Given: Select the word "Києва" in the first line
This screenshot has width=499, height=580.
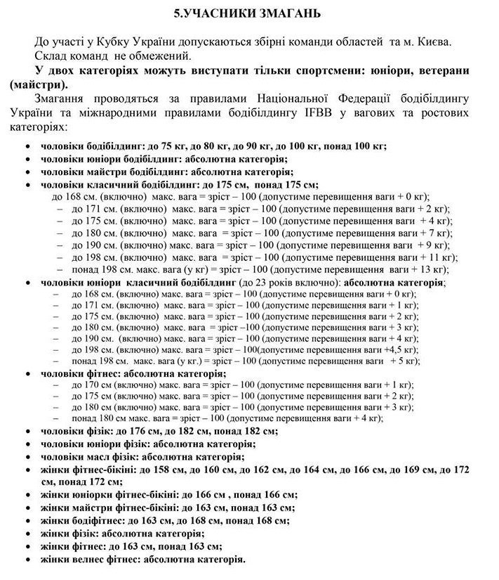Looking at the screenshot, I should [x=453, y=42].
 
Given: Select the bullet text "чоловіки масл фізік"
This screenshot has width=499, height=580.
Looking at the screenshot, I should [x=91, y=457].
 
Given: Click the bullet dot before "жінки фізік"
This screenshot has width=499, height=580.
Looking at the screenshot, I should [x=26, y=534].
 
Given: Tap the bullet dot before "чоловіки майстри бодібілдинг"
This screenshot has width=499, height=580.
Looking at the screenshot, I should [x=26, y=172].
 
